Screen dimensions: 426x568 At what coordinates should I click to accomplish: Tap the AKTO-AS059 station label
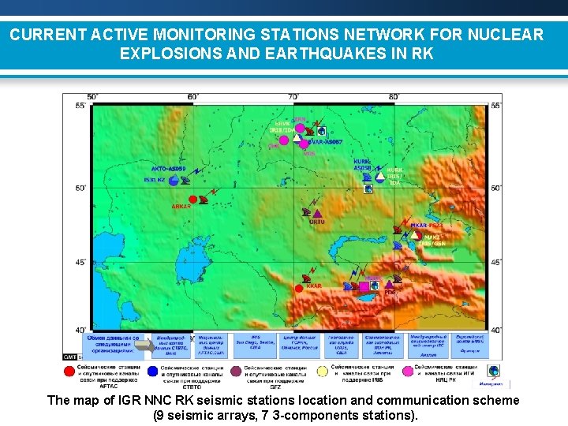[x=168, y=169]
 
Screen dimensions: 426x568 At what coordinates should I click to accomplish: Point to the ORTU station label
[x=316, y=222]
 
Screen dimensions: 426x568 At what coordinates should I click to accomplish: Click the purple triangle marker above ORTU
[x=317, y=212]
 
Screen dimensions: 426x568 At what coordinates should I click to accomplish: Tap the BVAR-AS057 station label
[x=324, y=142]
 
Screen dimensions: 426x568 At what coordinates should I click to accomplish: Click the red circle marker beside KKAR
[x=299, y=289]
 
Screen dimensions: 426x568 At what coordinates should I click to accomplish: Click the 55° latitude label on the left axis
[x=80, y=106]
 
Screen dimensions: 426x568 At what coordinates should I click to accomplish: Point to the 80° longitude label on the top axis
[x=394, y=97]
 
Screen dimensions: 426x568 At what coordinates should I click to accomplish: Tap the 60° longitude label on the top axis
[x=192, y=97]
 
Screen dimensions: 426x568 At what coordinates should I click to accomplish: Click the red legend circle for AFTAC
[x=70, y=370]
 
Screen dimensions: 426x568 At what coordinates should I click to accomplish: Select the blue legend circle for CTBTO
[x=152, y=370]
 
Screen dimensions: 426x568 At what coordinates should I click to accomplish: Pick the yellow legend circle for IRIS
[x=323, y=370]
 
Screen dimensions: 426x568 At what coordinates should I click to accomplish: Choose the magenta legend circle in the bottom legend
[x=408, y=370]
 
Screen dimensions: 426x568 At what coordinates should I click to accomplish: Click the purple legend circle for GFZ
[x=236, y=370]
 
